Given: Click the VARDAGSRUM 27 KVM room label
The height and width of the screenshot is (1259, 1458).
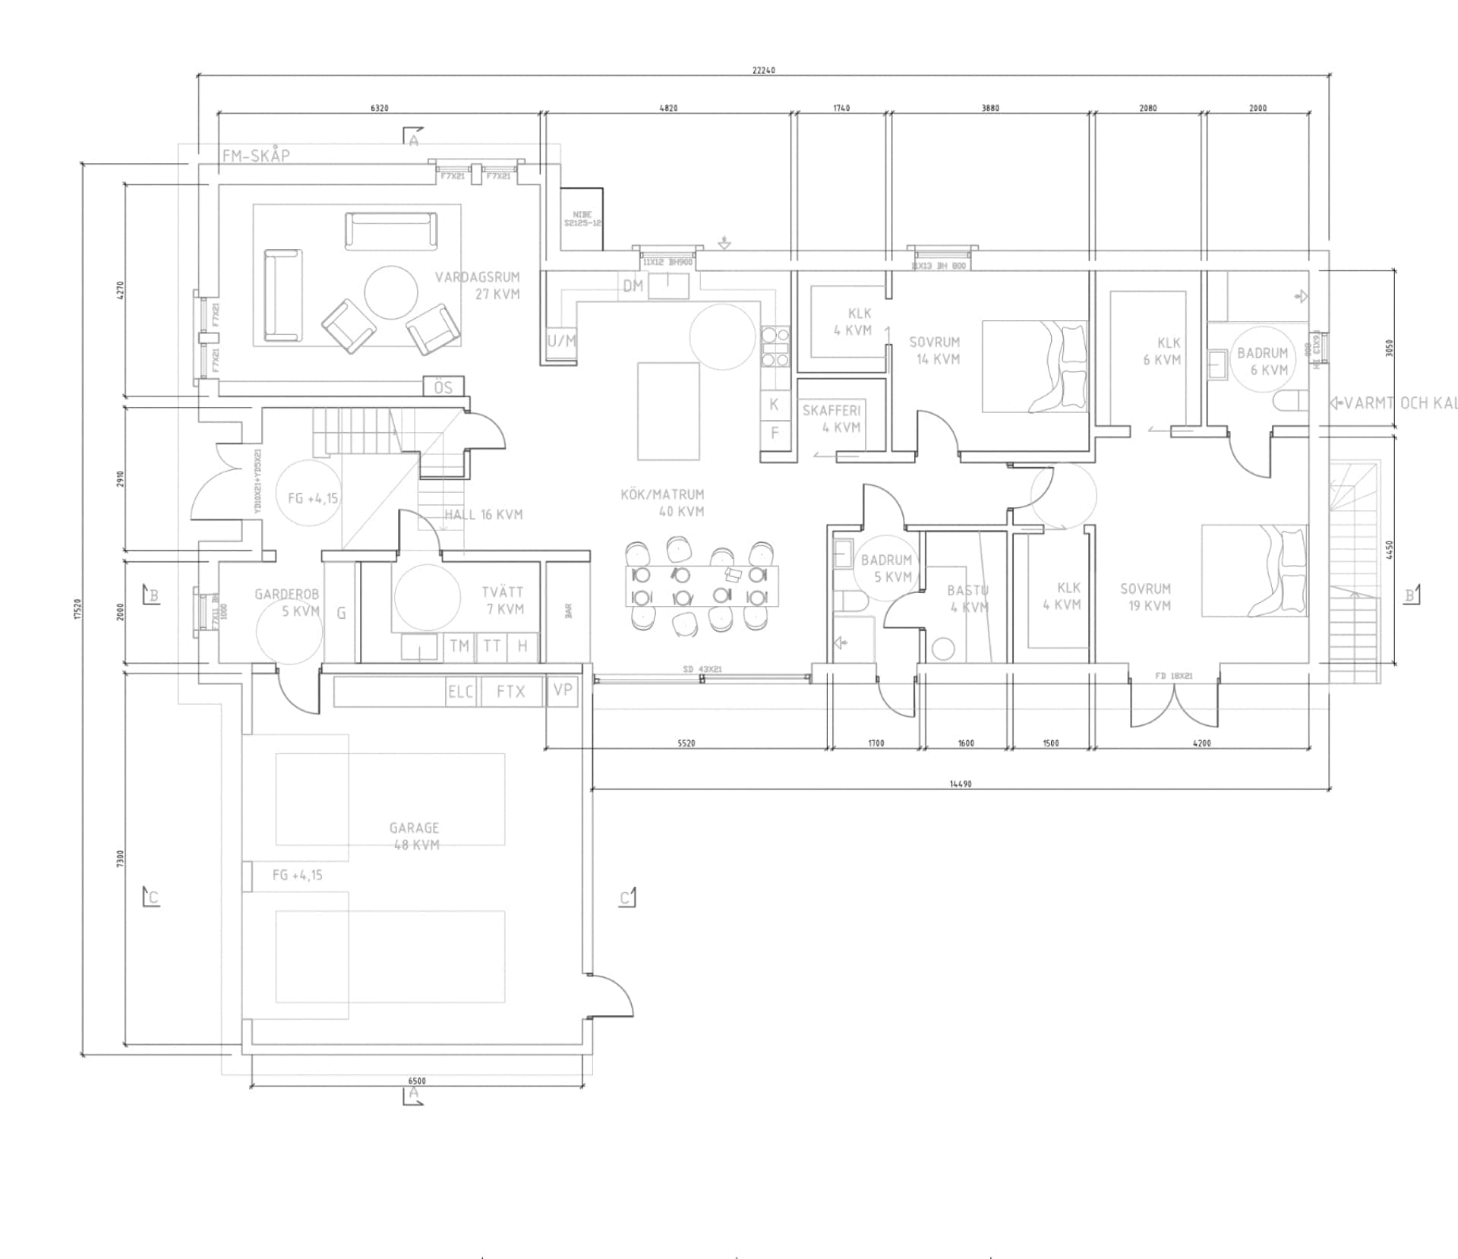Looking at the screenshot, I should click(x=478, y=286).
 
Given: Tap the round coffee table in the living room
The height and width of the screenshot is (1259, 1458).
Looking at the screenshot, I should click(x=390, y=292).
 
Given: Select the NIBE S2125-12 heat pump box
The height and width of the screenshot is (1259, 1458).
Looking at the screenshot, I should click(x=582, y=219).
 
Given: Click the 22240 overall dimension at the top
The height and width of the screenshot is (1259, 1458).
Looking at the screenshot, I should click(x=764, y=70).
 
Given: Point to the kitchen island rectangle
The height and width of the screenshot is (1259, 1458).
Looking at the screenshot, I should click(x=668, y=411).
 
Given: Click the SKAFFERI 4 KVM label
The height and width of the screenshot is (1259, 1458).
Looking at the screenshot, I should click(x=832, y=418).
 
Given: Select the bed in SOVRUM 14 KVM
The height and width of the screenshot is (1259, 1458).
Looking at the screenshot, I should click(x=1034, y=366).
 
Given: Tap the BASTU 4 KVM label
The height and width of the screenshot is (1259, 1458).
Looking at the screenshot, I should click(x=967, y=598).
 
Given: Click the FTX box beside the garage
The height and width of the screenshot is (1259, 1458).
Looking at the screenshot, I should click(x=510, y=691).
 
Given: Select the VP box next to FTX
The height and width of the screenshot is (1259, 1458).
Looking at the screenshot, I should click(x=563, y=690).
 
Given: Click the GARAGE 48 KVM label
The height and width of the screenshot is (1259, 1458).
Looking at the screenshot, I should click(x=415, y=836).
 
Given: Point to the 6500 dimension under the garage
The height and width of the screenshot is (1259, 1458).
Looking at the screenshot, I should click(x=417, y=1081).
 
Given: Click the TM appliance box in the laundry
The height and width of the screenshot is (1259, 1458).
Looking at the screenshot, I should click(x=459, y=646).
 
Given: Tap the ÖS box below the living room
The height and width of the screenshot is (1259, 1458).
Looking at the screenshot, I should click(x=443, y=387).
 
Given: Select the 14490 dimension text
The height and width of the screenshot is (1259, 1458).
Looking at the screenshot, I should click(x=961, y=784).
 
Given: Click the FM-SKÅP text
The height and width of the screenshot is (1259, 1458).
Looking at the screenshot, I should click(x=256, y=156).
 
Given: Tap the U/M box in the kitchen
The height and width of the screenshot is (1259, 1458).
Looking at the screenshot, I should click(x=562, y=341).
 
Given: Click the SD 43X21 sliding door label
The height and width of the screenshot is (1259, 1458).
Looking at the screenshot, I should click(x=702, y=669).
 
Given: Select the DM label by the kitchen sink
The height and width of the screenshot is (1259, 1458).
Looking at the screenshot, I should click(x=633, y=286).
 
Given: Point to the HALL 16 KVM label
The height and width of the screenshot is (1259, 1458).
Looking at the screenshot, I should click(x=484, y=515).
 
